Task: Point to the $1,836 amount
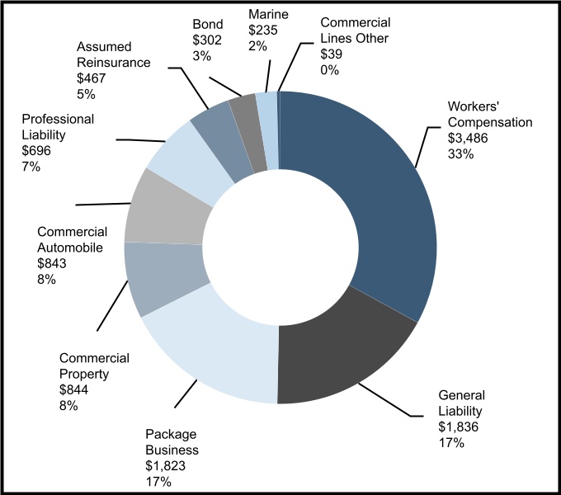click(459, 427)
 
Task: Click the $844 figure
click(75, 389)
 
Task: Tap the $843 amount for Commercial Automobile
click(52, 263)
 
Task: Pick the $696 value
click(38, 151)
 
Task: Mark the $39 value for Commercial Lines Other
click(332, 54)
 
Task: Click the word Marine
click(268, 14)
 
